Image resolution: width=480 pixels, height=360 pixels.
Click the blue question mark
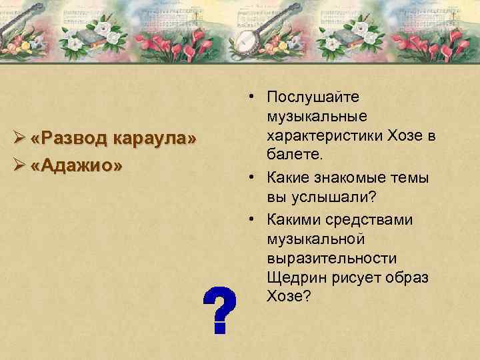tap(219, 310)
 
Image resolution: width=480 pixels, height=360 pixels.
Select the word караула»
tap(155, 139)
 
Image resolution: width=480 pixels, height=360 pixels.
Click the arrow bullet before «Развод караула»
tap(19, 139)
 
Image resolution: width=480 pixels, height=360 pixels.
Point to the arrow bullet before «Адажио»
tap(19, 165)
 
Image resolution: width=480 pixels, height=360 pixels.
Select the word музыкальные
tap(315, 117)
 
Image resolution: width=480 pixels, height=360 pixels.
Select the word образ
tap(409, 277)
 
